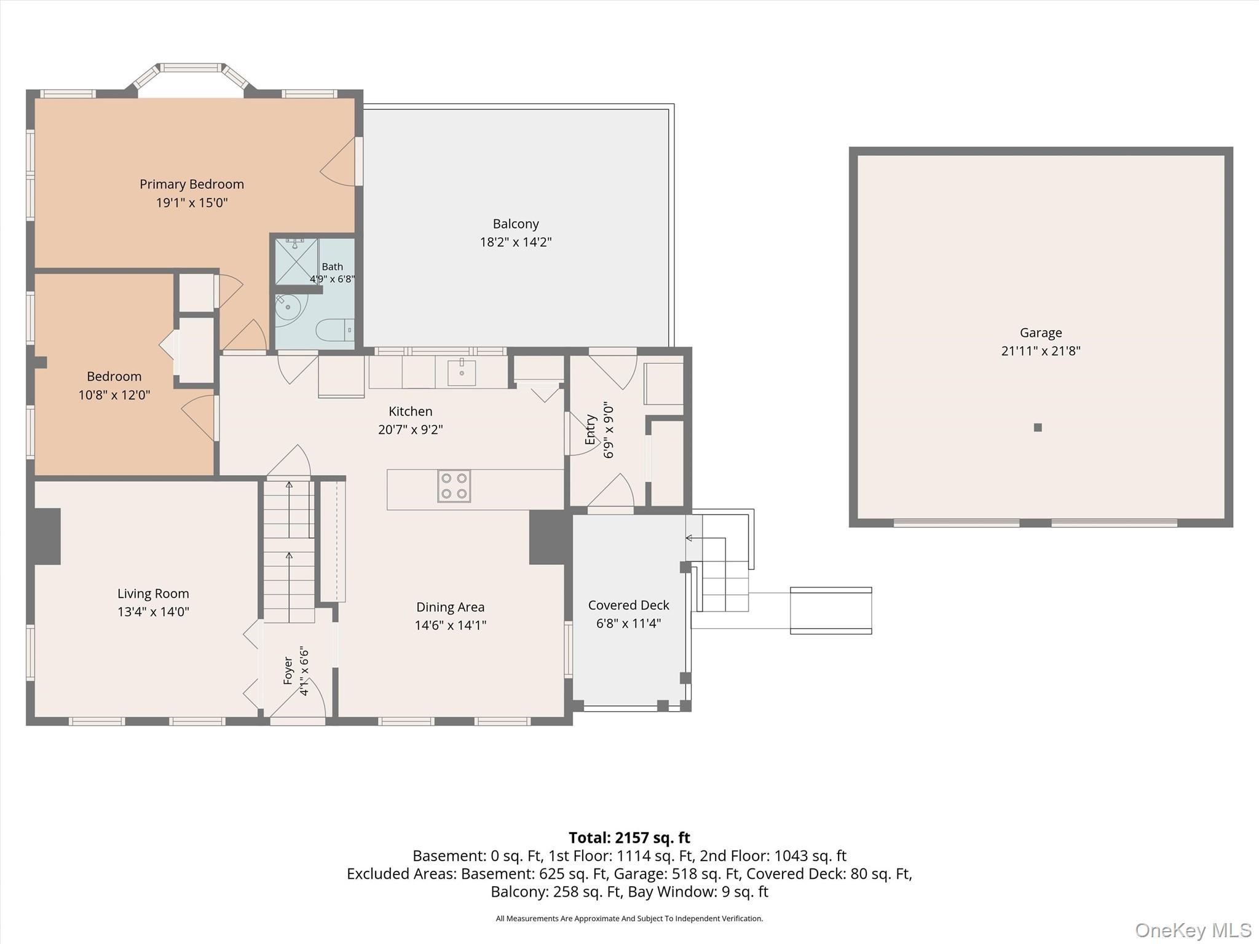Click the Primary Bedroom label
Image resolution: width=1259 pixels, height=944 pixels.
[192, 184]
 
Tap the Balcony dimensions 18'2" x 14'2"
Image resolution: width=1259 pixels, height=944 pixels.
[516, 242]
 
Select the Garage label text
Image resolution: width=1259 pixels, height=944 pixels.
[1041, 333]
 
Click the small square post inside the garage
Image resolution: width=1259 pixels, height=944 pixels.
[1038, 428]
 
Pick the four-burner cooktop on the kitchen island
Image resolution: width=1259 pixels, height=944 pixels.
[454, 486]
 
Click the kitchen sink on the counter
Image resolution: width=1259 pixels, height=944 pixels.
[462, 372]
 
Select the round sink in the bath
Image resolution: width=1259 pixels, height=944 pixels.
[291, 309]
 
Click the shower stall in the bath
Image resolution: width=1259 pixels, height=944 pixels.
[296, 261]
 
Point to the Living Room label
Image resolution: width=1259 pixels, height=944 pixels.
[153, 594]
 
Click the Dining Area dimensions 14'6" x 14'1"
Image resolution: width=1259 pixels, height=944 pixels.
[451, 626]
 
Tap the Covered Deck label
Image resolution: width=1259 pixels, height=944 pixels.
[628, 605]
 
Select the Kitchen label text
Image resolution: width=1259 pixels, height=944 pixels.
[411, 412]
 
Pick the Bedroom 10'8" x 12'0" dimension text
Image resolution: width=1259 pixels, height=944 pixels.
[114, 395]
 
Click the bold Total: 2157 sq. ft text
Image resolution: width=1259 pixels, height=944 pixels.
[629, 838]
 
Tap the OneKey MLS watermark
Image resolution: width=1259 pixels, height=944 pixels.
[1193, 930]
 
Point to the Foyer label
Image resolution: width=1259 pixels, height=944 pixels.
[288, 671]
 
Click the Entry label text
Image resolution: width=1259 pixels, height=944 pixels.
[590, 430]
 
